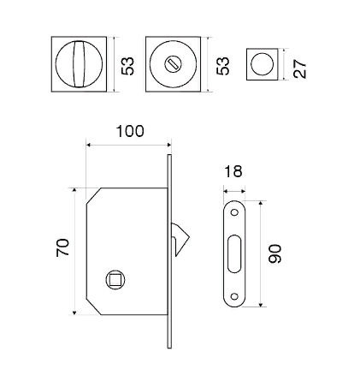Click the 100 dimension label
[x=130, y=131]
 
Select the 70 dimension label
[x=62, y=247]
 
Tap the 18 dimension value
[x=233, y=171]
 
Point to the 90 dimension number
[x=274, y=253]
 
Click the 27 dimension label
[x=299, y=68]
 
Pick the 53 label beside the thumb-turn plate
[x=127, y=67]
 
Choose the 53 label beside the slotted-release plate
[x=223, y=66]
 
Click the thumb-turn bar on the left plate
[x=79, y=64]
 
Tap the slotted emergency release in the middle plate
[x=173, y=64]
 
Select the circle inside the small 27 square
[x=262, y=64]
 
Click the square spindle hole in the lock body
[x=115, y=280]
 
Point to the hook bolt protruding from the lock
[x=180, y=239]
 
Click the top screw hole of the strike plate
[x=234, y=212]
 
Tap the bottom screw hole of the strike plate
[x=234, y=296]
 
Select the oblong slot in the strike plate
[x=234, y=253]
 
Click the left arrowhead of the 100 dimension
[x=88, y=146]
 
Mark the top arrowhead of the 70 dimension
[x=74, y=190]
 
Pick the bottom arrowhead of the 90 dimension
[x=260, y=305]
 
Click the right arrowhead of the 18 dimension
[x=243, y=192]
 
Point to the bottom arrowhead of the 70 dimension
[x=74, y=312]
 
